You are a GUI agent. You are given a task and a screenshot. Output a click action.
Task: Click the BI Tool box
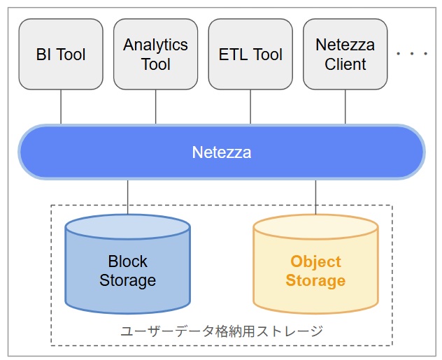pos(61,55)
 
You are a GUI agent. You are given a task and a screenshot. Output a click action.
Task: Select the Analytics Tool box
pos(155,55)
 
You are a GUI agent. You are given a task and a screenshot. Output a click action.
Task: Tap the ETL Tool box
pos(250,55)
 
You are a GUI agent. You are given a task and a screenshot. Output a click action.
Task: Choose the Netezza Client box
pos(345,55)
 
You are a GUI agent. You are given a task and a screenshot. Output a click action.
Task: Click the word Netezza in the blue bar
pos(221,152)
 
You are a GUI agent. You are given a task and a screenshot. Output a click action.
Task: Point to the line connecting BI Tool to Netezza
pos(61,107)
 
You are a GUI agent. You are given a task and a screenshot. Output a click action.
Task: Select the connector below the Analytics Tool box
pos(155,107)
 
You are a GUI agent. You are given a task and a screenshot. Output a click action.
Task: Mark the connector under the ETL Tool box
pos(250,107)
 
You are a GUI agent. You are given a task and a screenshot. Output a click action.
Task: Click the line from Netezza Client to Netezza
pos(345,107)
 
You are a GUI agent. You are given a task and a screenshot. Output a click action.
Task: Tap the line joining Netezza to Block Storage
pos(127,196)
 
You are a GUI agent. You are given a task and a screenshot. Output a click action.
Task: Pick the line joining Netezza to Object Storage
pos(315,196)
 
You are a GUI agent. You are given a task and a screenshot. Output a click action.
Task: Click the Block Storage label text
pos(127,271)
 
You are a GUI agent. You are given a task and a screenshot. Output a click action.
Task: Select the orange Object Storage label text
pos(315,271)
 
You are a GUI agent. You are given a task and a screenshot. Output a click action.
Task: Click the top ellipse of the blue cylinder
pos(127,228)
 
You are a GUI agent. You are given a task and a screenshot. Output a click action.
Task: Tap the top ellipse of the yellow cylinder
pos(315,229)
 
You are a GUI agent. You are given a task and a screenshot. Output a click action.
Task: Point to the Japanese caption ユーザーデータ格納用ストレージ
pos(222,331)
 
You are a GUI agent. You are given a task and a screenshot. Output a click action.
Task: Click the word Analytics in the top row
pos(155,45)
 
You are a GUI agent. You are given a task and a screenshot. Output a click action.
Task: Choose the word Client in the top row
pos(345,64)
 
